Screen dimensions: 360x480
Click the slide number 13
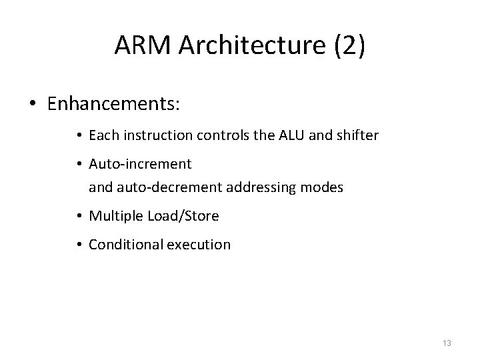(447, 343)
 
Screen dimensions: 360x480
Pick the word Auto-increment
(140, 163)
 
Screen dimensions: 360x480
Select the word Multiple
(111, 216)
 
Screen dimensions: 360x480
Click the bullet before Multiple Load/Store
(79, 217)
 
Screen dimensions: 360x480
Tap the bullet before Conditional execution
(79, 245)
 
